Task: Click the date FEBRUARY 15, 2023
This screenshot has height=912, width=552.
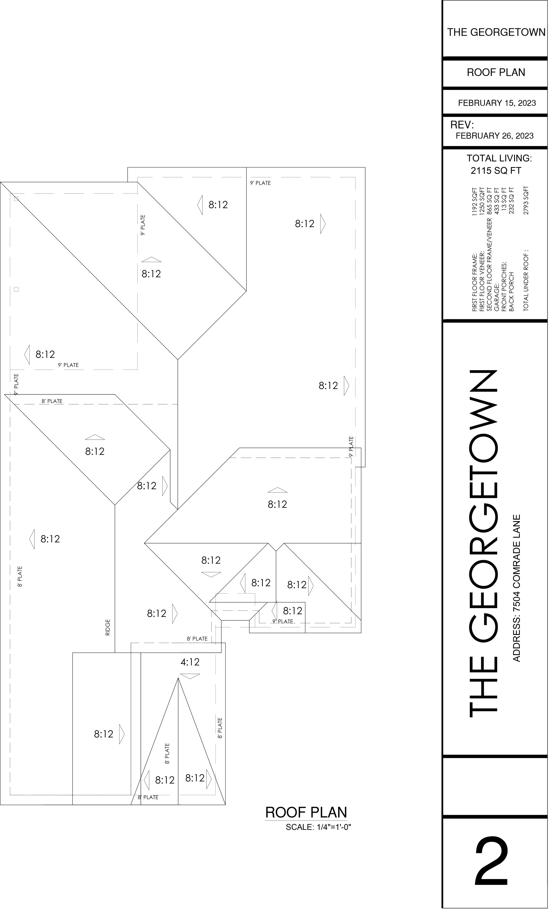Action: tap(497, 103)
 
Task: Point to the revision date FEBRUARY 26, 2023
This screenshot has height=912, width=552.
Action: tap(494, 136)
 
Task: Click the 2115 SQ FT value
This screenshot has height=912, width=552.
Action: tap(496, 171)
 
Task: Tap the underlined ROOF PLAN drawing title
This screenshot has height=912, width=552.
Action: tap(306, 812)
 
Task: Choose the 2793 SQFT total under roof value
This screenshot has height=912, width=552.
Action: tap(526, 200)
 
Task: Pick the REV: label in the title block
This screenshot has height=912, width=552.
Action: tap(462, 125)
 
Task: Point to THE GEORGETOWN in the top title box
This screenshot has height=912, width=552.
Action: tap(496, 32)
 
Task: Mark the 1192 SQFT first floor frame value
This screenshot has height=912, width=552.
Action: tap(475, 201)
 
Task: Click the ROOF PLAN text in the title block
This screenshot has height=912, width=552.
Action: tap(496, 72)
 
